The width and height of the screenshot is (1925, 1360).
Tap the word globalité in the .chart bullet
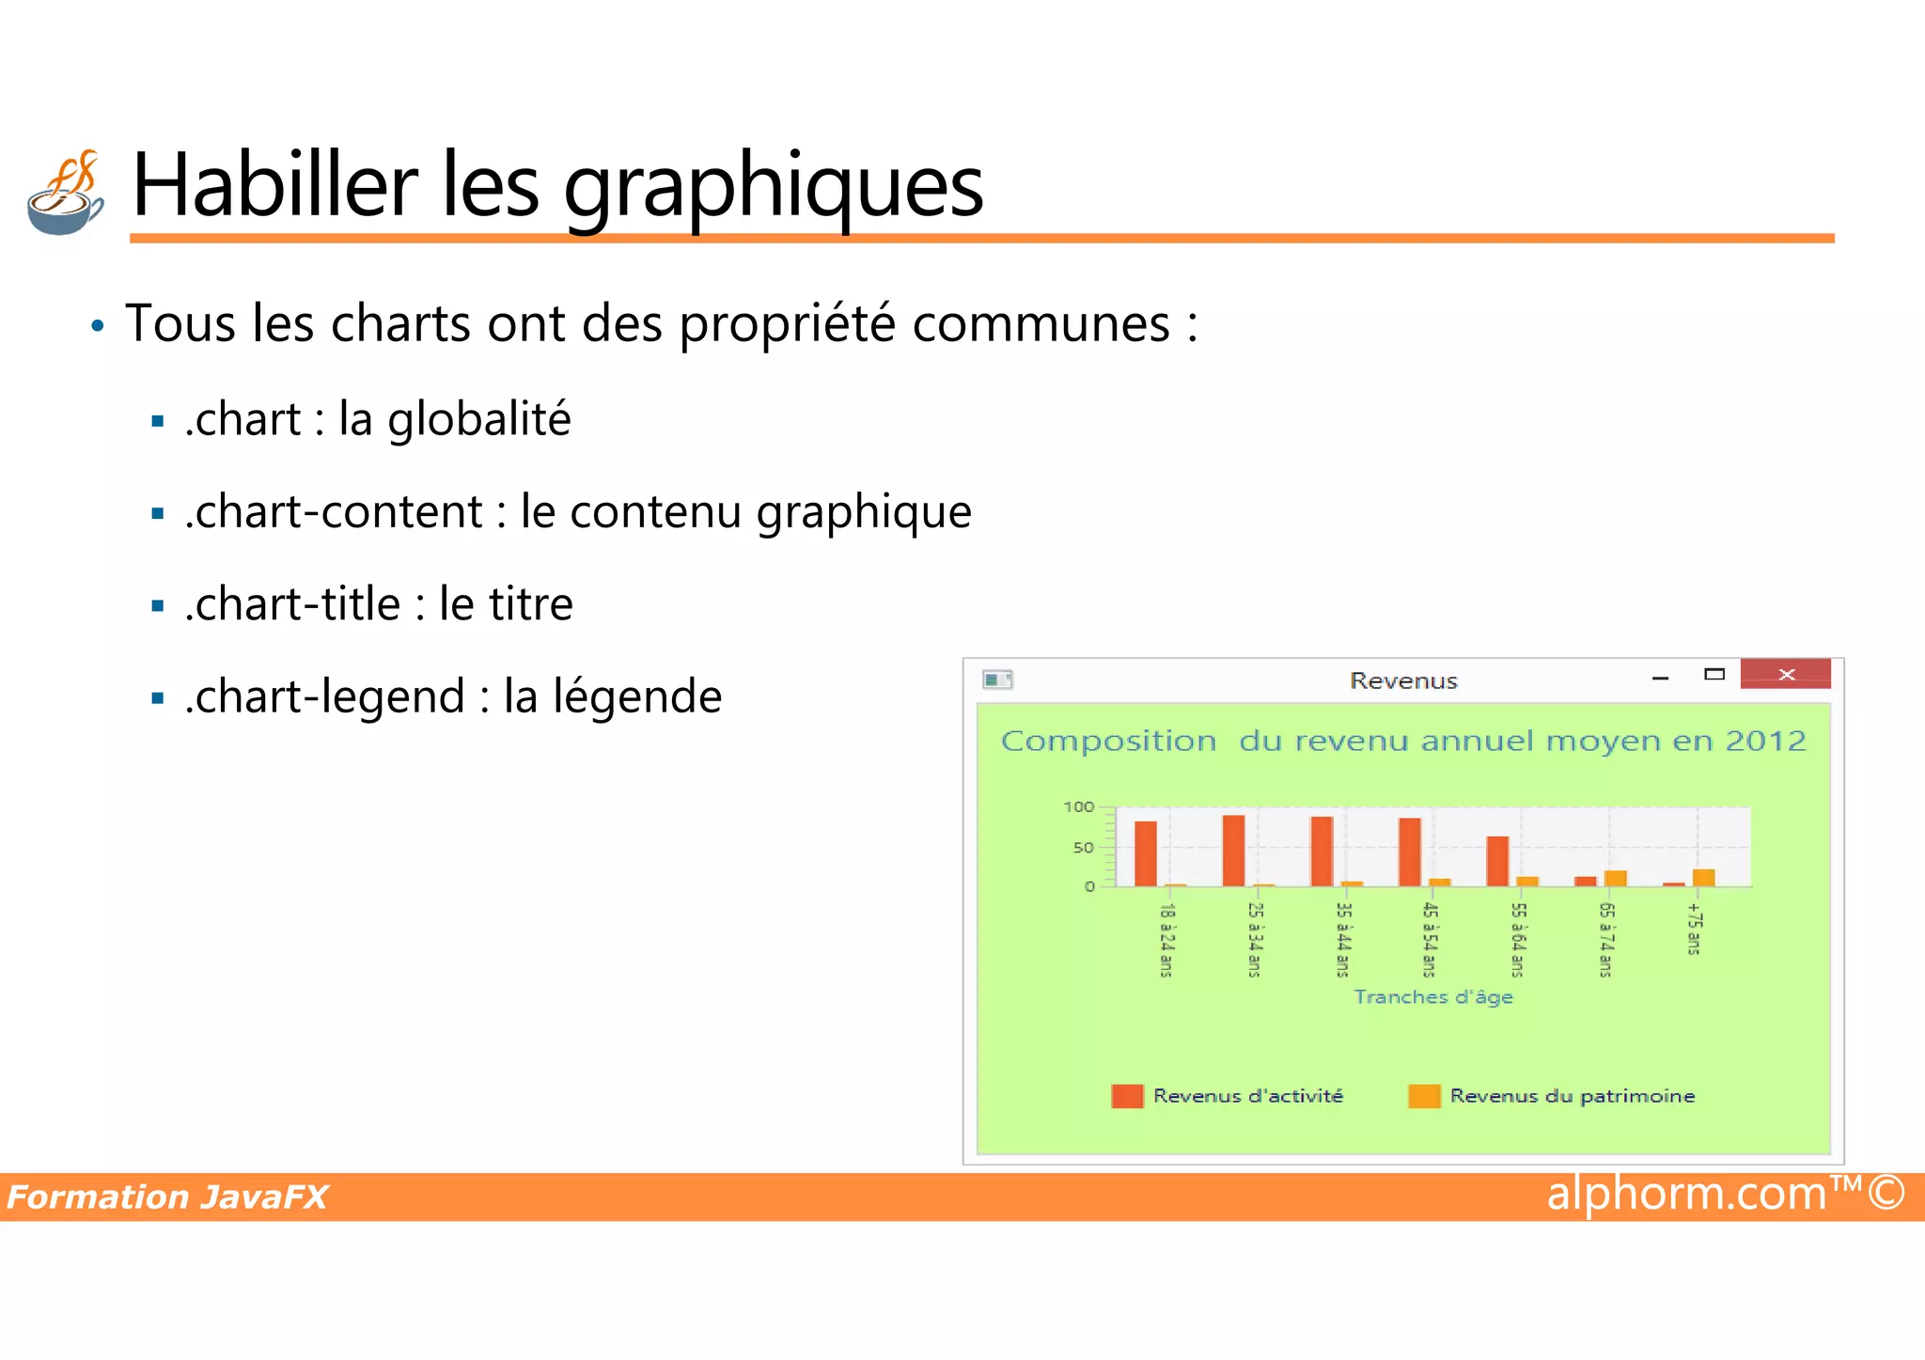(x=479, y=419)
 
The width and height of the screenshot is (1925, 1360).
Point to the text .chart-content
(x=334, y=512)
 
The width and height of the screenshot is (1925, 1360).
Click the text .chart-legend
(x=325, y=696)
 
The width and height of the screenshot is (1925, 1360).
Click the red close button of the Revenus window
(x=1785, y=674)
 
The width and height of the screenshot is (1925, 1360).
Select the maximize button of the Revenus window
(x=1714, y=674)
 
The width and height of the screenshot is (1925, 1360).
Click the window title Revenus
(x=1403, y=680)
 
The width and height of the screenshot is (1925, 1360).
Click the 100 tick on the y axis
(x=1078, y=806)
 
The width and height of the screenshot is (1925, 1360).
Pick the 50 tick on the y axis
(x=1083, y=847)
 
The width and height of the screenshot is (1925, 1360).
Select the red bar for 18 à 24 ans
(x=1146, y=853)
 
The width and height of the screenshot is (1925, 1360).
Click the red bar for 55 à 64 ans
(x=1497, y=861)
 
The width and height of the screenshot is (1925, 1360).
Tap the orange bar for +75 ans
(x=1704, y=878)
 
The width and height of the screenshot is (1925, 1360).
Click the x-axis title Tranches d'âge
(x=1433, y=996)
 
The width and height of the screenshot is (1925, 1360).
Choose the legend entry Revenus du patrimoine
(x=1572, y=1096)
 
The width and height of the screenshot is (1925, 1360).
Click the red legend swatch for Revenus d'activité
(x=1127, y=1096)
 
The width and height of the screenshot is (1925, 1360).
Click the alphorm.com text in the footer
(x=1686, y=1194)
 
